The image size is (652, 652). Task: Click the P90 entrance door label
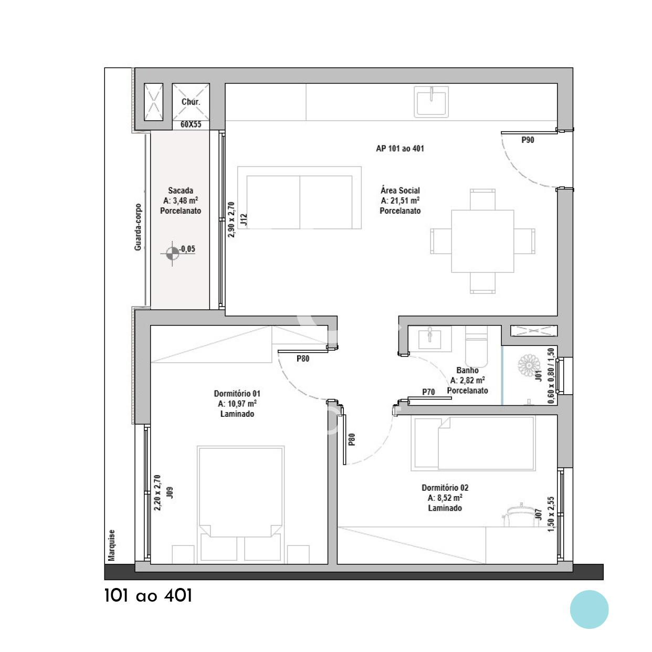coord(528,140)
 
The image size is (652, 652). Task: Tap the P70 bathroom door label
coord(428,392)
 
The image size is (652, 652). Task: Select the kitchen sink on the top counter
coord(432,101)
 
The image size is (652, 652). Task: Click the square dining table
coord(482,241)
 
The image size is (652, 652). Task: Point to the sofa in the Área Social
coord(299,197)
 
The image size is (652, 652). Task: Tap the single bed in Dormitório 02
coord(474,444)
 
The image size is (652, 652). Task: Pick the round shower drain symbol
coord(529,365)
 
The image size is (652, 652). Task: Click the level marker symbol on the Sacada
coord(173,253)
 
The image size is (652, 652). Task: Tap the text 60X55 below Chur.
coord(191,124)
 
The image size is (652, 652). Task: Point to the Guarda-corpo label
coord(138,227)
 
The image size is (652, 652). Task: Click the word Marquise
coord(112,545)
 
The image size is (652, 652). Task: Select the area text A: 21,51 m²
coord(400,201)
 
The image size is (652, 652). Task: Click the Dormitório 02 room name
coord(445,488)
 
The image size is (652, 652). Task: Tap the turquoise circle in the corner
coord(589,609)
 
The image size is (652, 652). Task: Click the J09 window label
coord(170,492)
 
